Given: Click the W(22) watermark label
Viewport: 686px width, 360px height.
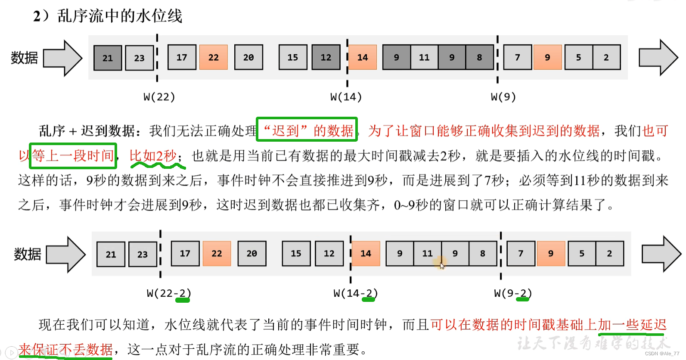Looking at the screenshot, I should point(159,97).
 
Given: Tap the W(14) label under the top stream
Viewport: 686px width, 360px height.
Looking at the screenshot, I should point(346,97).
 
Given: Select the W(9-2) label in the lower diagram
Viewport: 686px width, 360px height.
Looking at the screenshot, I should point(512,293).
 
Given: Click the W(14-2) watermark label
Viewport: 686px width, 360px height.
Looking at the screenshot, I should point(355,293).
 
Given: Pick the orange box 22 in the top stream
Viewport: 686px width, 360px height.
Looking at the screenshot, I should point(214,57).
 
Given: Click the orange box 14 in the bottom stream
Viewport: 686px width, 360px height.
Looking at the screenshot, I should point(366,254).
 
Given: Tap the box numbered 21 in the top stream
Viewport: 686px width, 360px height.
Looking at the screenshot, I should point(108,58).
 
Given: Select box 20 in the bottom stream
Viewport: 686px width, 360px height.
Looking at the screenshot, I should point(252,254).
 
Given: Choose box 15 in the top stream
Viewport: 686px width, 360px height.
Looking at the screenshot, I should point(293,57).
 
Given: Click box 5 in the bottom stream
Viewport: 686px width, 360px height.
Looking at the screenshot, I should point(582,254).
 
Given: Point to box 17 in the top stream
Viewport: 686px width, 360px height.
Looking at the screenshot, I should point(182,57).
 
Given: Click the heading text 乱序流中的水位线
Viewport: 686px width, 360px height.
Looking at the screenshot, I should point(120,16).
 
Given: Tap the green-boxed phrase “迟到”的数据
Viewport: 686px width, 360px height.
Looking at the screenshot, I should point(307,130).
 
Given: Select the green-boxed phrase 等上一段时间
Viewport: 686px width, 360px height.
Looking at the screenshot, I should point(73,155).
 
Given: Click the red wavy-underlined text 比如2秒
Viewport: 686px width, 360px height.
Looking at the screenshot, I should point(153,155).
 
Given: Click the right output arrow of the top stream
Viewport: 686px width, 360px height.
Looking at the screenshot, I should point(658,58).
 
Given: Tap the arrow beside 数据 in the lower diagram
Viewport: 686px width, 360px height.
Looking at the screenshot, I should point(65,254).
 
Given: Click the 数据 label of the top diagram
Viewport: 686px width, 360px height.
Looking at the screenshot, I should point(24,58).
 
